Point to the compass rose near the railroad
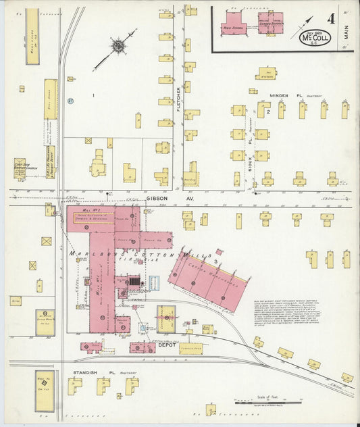tap(118, 46)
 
